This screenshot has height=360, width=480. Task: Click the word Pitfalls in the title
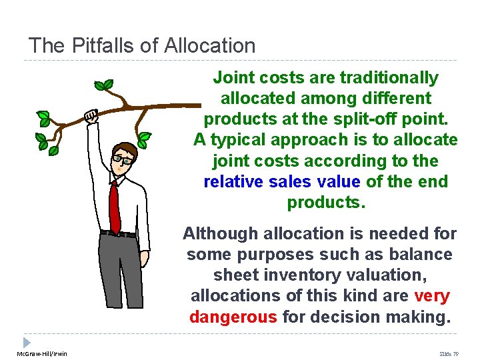[94, 45]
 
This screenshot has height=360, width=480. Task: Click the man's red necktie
[114, 206]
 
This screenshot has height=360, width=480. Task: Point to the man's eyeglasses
[122, 159]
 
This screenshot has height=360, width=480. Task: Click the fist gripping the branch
[91, 116]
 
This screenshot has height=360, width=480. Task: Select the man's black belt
[119, 233]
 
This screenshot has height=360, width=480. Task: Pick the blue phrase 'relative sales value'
[281, 181]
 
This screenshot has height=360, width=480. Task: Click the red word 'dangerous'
[233, 317]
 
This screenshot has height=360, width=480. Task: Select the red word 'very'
[432, 296]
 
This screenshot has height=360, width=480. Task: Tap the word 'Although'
[221, 233]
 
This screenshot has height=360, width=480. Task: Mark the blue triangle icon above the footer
[27, 341]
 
